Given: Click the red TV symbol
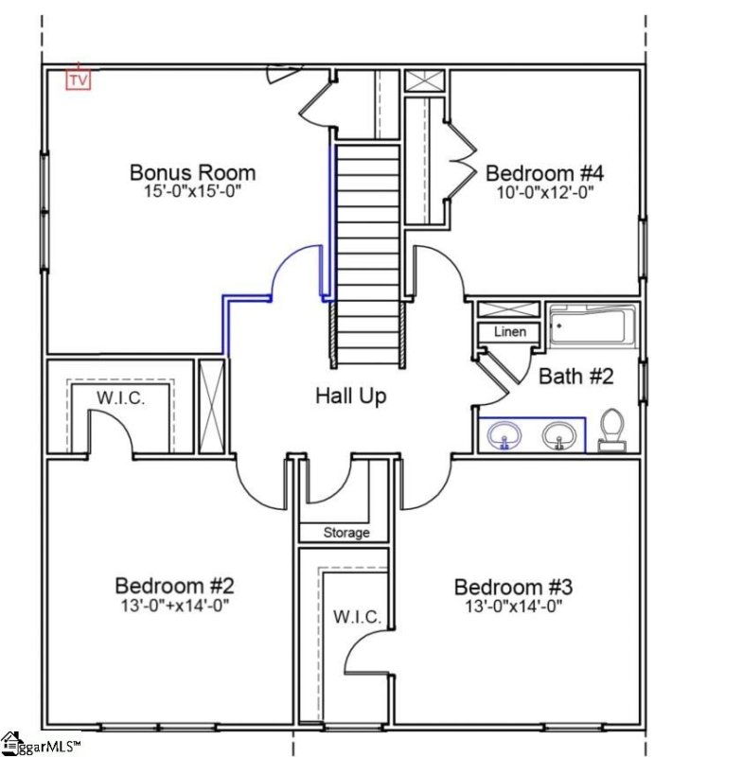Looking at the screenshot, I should (79, 80).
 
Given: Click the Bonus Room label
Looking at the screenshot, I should (192, 172).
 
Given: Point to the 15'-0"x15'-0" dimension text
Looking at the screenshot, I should (192, 192).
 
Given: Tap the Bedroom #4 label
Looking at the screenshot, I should (544, 173).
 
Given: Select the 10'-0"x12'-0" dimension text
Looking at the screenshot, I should (544, 192).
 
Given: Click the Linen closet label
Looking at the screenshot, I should (509, 332).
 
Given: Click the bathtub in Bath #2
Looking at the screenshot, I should (592, 326).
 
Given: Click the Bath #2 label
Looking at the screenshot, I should (576, 377).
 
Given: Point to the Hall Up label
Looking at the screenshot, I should (350, 396).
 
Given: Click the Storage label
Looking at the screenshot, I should (346, 533).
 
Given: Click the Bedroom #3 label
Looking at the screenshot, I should (512, 587).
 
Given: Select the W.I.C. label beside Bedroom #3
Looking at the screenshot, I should (357, 617).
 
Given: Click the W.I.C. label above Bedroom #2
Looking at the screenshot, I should (121, 398).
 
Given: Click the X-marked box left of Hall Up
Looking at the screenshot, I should (213, 407).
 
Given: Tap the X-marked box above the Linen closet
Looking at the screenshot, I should (507, 309).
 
